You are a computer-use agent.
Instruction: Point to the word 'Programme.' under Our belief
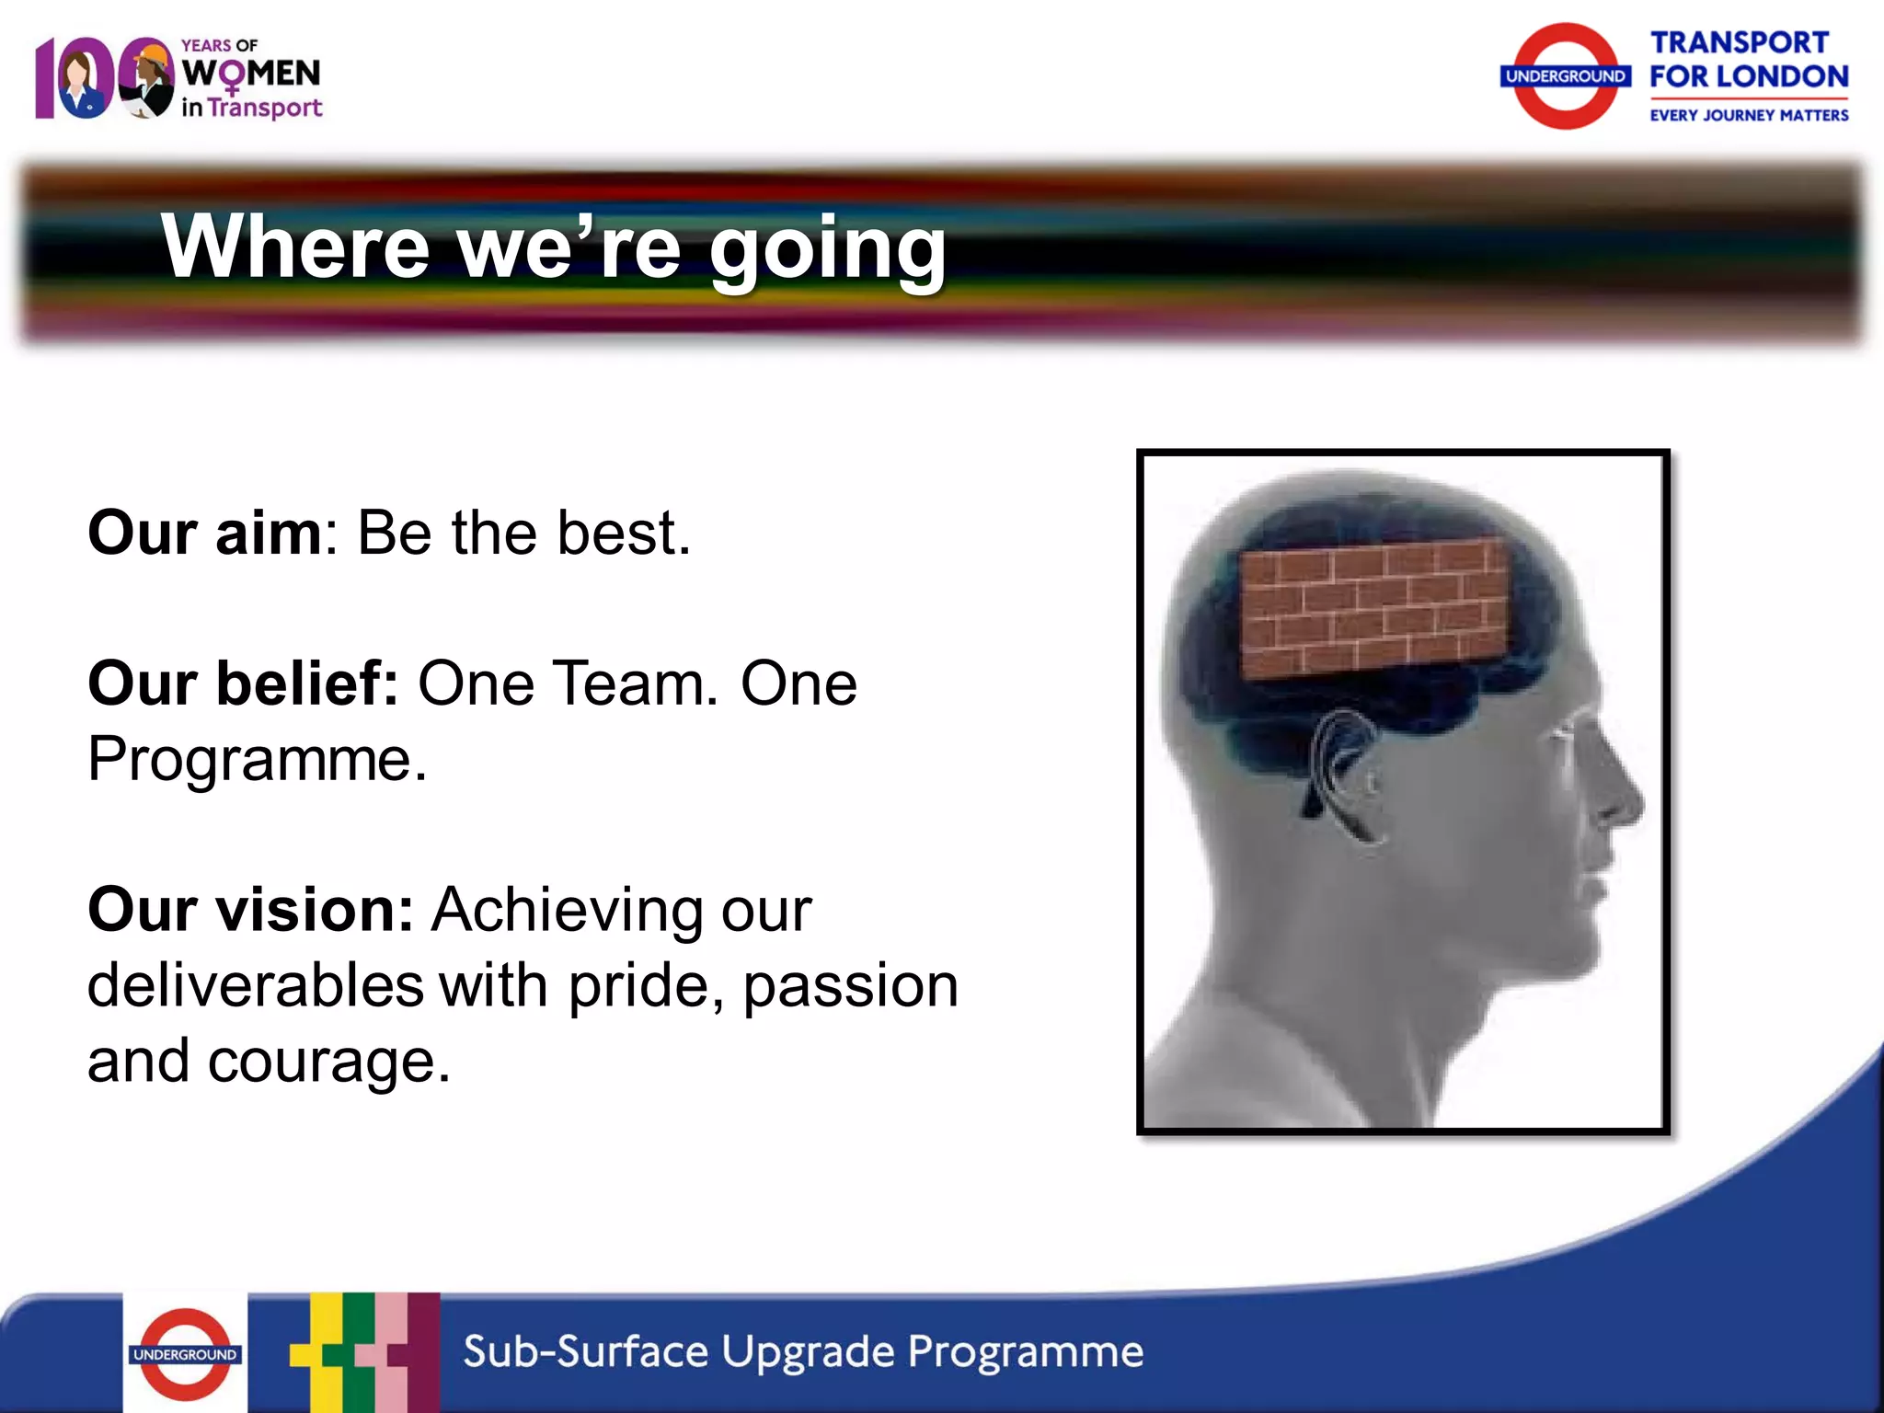click(258, 760)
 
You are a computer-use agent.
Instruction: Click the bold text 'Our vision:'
click(250, 910)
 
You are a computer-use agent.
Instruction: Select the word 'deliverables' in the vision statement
click(256, 985)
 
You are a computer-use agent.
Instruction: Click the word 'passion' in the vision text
click(851, 985)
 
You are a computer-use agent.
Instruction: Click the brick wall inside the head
click(1374, 607)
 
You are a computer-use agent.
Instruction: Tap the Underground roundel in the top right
click(1566, 76)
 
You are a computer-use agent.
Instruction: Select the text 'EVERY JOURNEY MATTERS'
click(1749, 115)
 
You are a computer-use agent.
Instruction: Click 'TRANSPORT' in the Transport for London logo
click(1739, 42)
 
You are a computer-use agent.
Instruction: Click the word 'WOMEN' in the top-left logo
click(251, 73)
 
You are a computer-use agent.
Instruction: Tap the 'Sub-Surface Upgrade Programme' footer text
click(803, 1351)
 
